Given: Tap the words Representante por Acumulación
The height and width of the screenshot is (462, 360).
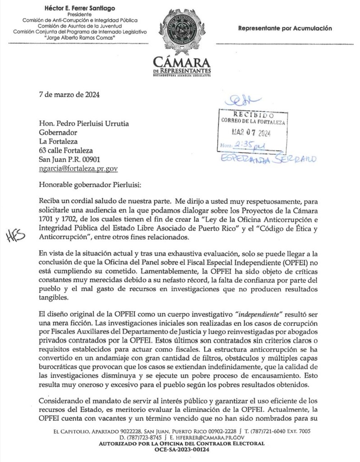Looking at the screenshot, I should (x=285, y=28).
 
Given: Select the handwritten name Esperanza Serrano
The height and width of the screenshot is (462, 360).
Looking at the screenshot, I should (x=268, y=158).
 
